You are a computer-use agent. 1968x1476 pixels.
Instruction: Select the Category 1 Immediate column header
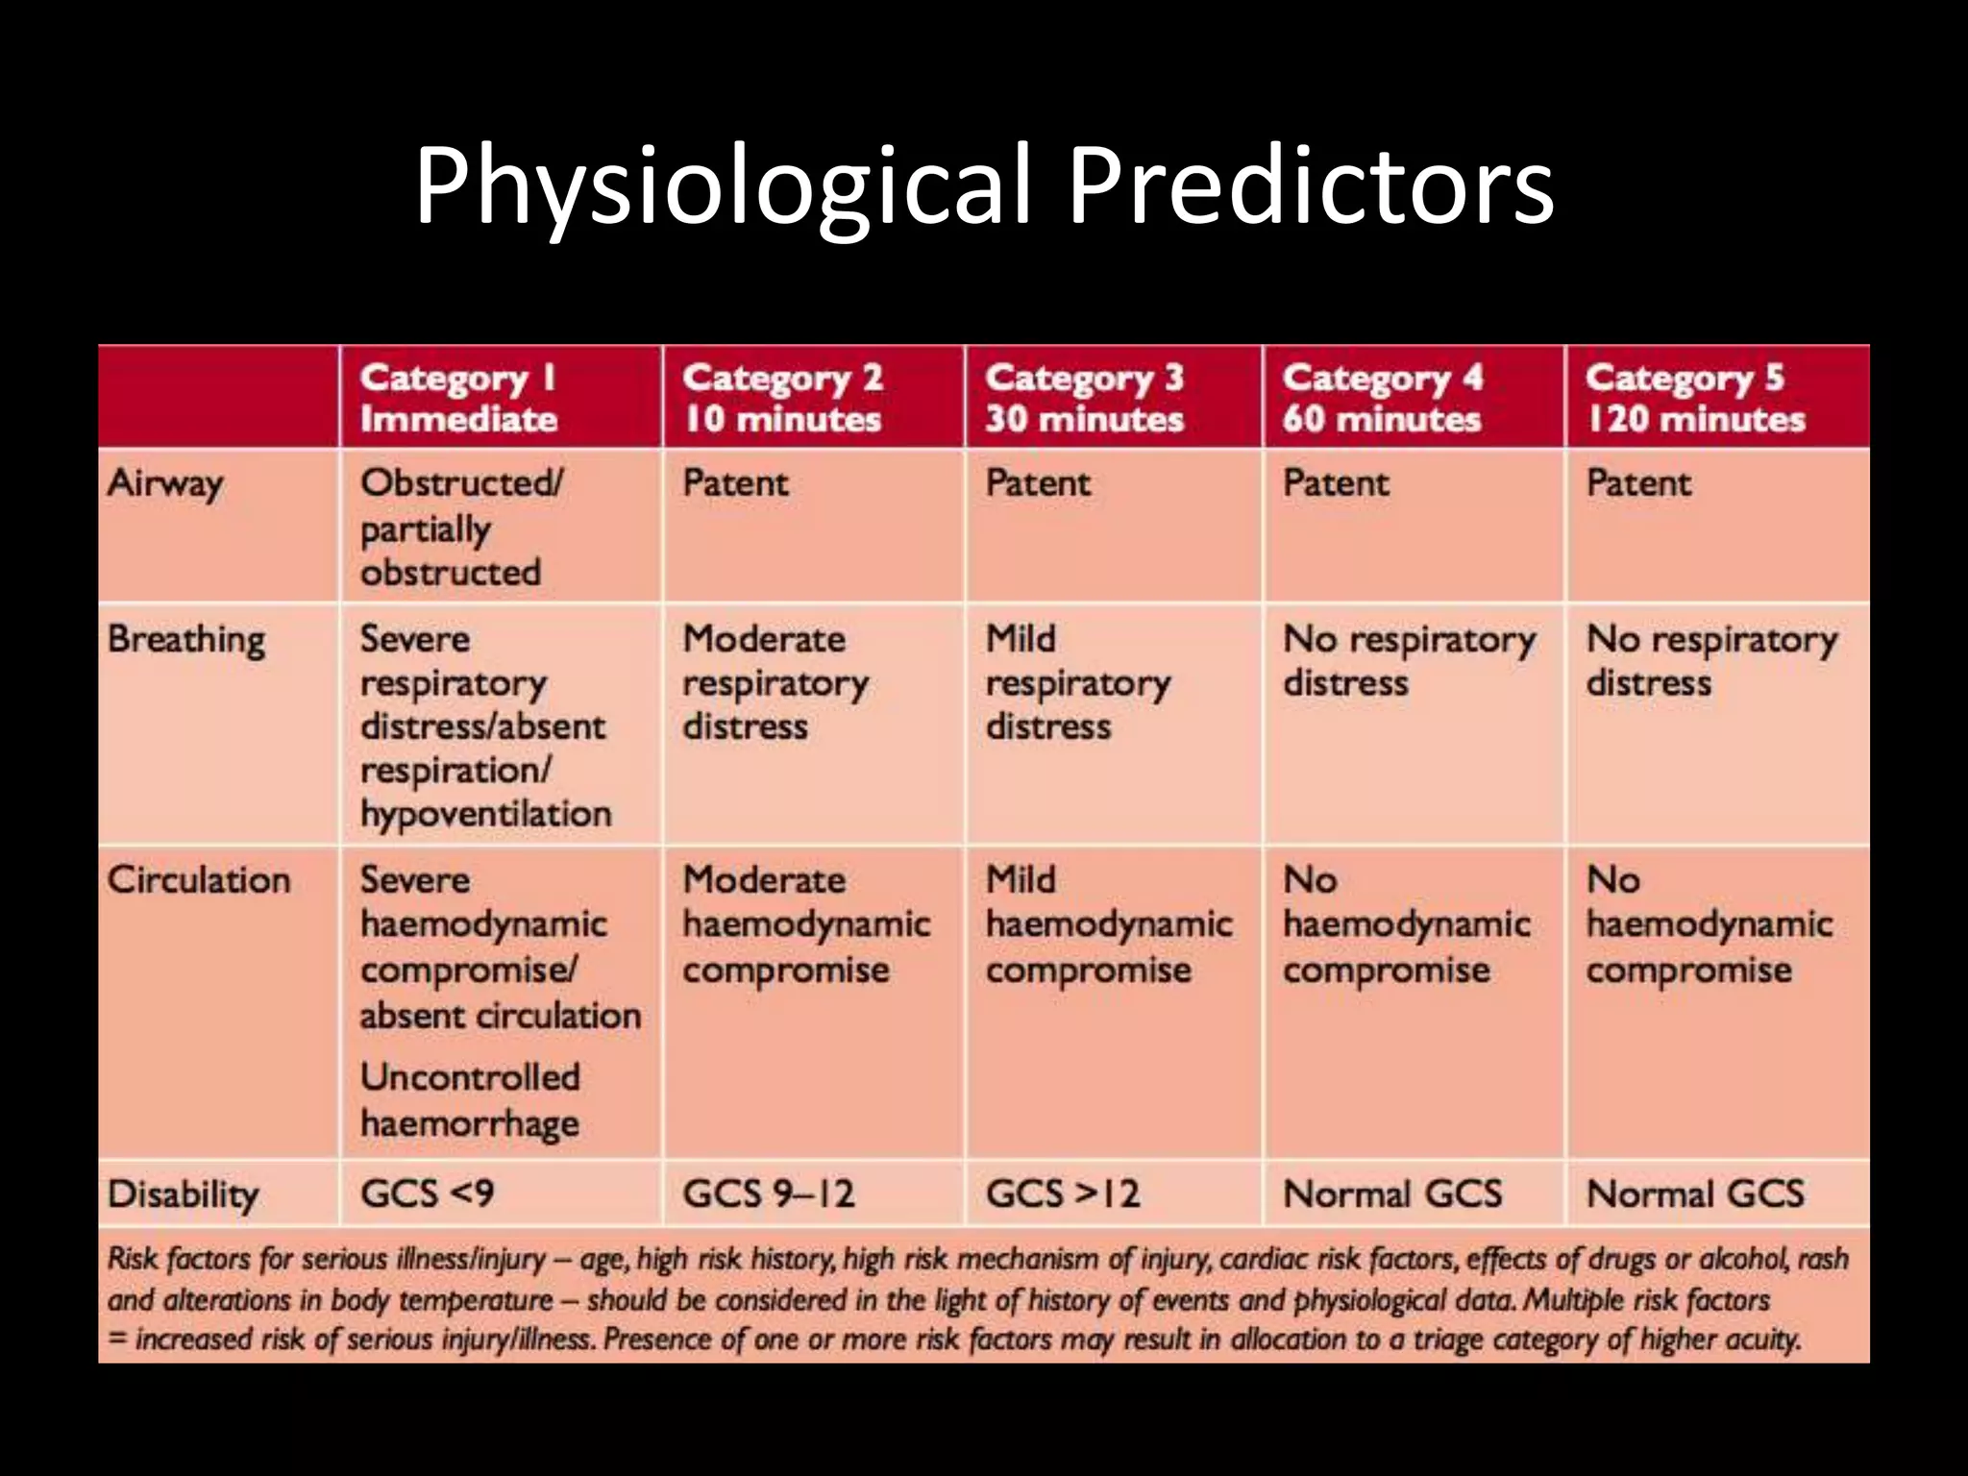click(458, 398)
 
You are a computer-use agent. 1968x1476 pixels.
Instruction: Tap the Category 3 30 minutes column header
click(1084, 398)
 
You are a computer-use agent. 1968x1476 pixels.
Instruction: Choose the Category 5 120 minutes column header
click(1695, 398)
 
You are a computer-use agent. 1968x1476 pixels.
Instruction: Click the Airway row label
click(165, 483)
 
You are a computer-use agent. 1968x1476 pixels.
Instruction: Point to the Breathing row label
click(186, 640)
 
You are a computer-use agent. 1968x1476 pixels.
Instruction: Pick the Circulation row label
click(198, 880)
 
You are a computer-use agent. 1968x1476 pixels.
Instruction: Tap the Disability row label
click(183, 1194)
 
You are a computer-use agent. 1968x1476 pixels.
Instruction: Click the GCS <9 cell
click(427, 1193)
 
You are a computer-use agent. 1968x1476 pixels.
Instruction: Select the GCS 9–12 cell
click(768, 1193)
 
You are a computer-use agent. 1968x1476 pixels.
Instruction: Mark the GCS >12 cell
click(1062, 1193)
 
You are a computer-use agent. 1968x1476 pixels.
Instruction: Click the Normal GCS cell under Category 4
click(1392, 1193)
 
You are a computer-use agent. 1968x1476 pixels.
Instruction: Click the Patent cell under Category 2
click(735, 482)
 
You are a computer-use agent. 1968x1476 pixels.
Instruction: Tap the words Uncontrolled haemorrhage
click(470, 1100)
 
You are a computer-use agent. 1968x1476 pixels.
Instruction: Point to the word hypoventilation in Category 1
click(485, 814)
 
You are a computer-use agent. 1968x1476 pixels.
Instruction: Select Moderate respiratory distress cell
click(775, 682)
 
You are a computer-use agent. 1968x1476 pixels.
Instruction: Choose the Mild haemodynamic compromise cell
click(1108, 924)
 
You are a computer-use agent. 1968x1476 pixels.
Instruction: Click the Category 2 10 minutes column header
click(782, 398)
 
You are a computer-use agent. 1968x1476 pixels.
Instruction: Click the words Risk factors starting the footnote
click(179, 1259)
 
